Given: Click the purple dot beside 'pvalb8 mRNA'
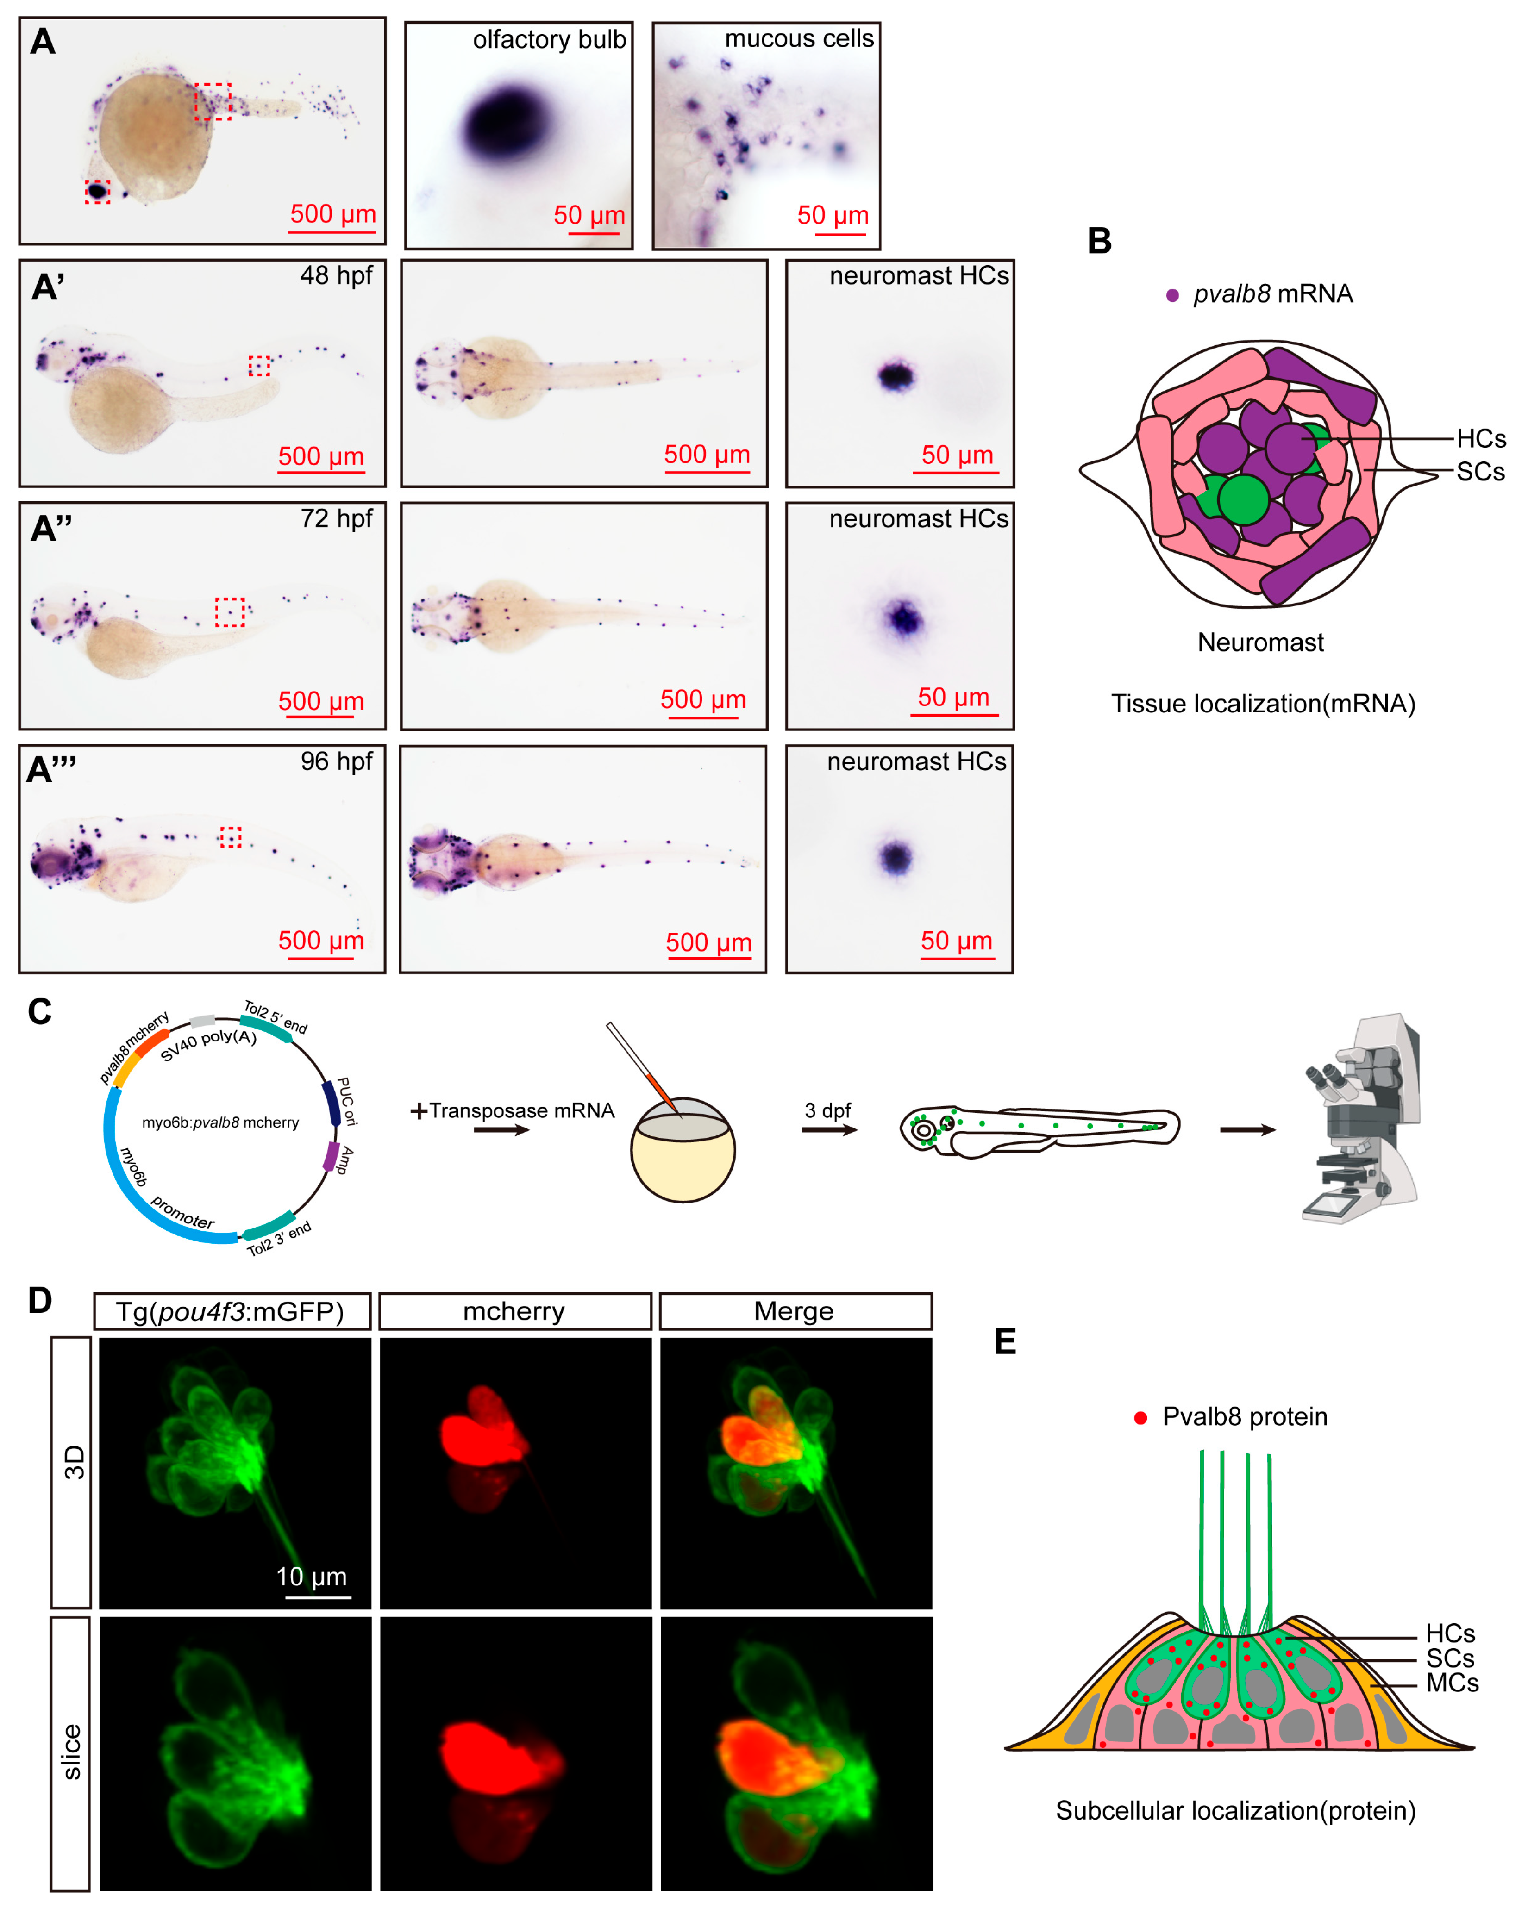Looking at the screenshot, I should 1172,296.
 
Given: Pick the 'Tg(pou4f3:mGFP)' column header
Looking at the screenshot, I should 231,1311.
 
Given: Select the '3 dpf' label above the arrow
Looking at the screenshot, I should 827,1110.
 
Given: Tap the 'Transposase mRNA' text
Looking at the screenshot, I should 521,1110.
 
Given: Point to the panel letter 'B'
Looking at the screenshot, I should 1099,242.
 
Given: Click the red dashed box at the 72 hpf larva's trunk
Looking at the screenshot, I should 230,611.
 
